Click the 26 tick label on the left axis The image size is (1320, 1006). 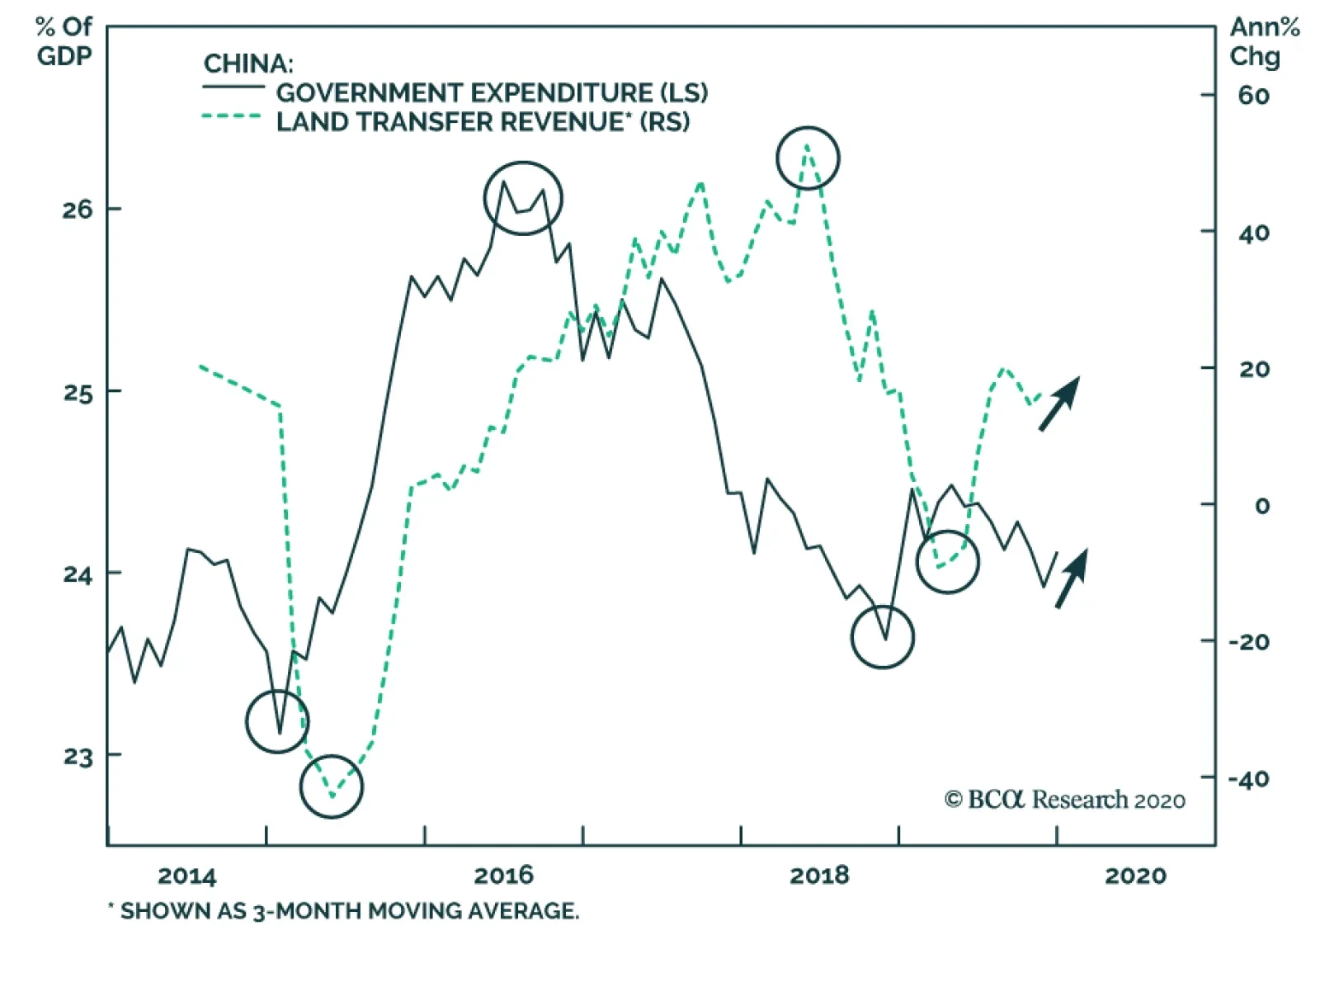77,210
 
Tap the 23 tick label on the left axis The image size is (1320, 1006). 77,756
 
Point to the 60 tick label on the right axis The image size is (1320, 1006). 1252,96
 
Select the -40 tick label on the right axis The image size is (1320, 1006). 1248,778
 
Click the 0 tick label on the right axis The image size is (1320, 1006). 1261,505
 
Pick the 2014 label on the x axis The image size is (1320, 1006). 186,876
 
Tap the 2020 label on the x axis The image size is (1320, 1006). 1135,876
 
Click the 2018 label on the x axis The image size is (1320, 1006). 819,876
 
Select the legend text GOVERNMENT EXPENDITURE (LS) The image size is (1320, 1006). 492,92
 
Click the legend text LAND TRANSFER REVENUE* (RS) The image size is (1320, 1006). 483,122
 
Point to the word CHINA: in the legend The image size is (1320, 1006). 248,64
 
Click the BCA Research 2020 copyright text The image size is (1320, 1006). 1064,800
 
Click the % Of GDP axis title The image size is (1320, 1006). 64,41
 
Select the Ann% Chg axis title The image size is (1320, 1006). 1263,41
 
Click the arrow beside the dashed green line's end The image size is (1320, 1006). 1059,404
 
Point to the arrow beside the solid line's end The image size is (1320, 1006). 1072,579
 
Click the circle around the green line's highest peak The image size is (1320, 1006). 808,158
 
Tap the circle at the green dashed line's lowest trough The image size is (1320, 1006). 332,786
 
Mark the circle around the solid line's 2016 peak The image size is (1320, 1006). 523,198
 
